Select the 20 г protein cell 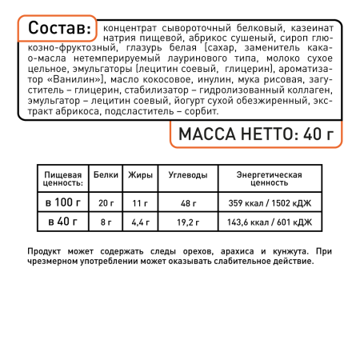click(x=106, y=202)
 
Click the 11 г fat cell click(x=139, y=202)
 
